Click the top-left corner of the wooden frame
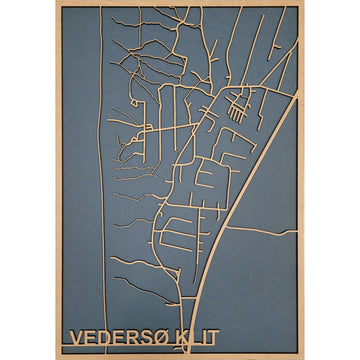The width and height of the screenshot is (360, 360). pyautogui.click(x=57, y=3)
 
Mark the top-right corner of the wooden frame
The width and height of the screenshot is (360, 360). pyautogui.click(x=302, y=3)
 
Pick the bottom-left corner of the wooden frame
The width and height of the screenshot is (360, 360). pyautogui.click(x=57, y=356)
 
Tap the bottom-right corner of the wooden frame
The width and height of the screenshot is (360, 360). pyautogui.click(x=302, y=356)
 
